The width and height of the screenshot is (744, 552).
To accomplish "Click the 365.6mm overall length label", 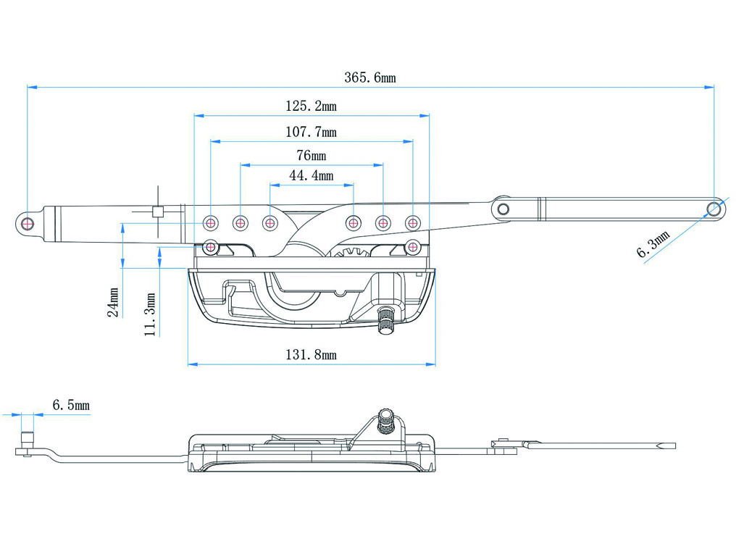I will (369, 78).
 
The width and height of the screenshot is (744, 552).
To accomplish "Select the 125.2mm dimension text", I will (311, 106).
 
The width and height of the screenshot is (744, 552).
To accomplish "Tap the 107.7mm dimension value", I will (311, 133).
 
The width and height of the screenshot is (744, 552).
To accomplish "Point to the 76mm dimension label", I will (312, 156).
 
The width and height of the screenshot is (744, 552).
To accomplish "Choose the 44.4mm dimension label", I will (312, 176).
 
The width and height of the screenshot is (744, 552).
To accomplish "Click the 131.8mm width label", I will (311, 355).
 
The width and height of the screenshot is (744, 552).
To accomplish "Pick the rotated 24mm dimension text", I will (114, 302).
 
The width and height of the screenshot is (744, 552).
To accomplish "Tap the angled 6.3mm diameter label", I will (654, 243).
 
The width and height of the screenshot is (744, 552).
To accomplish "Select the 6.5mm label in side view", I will (71, 406).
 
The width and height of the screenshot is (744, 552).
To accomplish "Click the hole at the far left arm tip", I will (27, 222).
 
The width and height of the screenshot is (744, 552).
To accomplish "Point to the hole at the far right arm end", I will (714, 209).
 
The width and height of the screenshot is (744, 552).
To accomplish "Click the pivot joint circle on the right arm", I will (503, 209).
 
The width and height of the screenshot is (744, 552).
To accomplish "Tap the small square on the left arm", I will (156, 212).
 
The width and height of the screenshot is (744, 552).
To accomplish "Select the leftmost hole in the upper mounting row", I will (211, 222).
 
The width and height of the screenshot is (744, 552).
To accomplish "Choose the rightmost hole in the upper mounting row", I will (412, 222).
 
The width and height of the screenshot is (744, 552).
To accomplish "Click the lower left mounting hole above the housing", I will (211, 247).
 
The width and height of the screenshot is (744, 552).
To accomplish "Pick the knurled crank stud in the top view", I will (385, 319).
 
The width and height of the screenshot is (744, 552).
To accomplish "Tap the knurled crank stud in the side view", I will (385, 420).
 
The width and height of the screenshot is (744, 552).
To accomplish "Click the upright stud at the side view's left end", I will (28, 440).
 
